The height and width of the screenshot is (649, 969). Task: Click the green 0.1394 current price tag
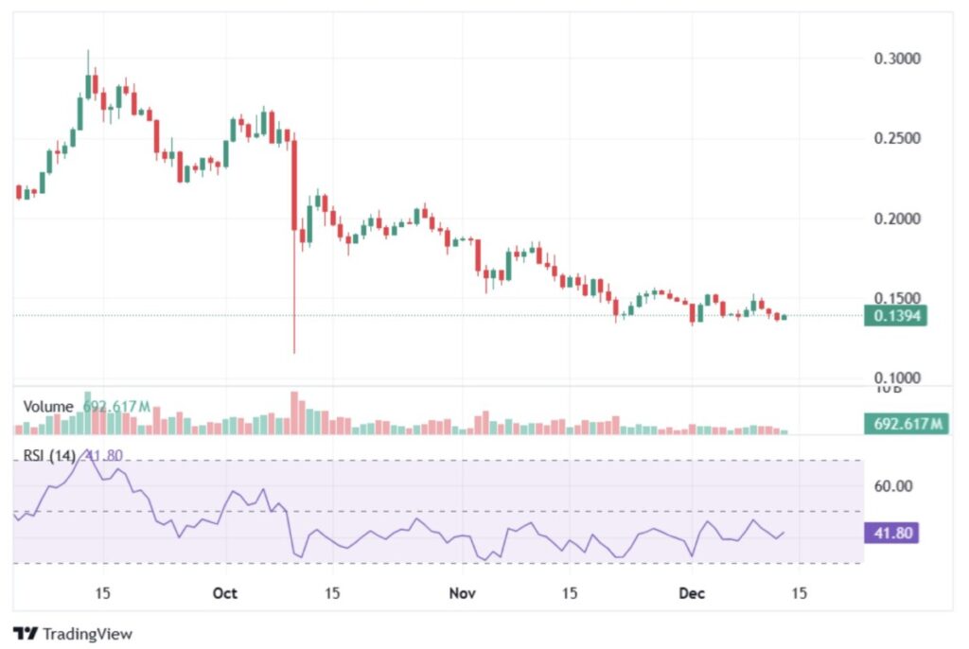895,316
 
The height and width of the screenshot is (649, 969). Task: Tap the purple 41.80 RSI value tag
890,533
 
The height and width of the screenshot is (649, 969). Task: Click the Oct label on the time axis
224,593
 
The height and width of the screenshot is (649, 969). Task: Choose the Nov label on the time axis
461,593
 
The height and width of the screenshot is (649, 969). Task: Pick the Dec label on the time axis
692,593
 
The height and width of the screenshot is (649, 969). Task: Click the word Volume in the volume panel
48,407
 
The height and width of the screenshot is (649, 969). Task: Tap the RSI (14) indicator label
50,456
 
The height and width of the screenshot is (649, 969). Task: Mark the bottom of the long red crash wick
294,353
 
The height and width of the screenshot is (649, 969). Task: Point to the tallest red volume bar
294,412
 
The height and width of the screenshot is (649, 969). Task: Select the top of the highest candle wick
88,51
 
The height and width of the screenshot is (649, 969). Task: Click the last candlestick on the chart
784,317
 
